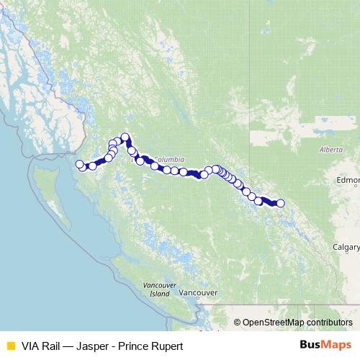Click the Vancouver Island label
160,289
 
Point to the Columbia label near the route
168,159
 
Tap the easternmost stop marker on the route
281,204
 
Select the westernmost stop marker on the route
79,164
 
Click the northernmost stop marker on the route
125,137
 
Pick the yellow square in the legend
10,346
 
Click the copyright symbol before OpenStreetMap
238,323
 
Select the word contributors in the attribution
329,323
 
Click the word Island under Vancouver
160,294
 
